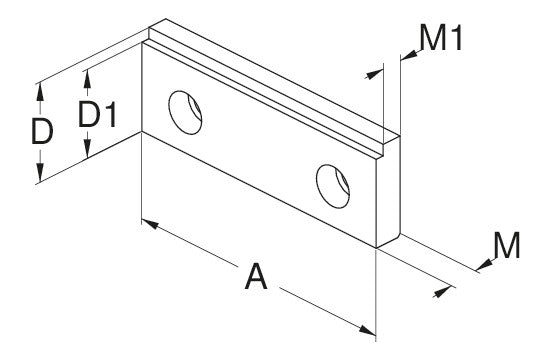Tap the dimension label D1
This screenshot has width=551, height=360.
pyautogui.click(x=97, y=114)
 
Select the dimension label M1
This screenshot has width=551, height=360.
pyautogui.click(x=441, y=38)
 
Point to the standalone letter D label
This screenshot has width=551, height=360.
pyautogui.click(x=42, y=132)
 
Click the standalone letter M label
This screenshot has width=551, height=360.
pyautogui.click(x=507, y=245)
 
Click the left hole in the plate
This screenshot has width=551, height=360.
pyautogui.click(x=185, y=112)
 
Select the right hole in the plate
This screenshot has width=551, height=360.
pyautogui.click(x=333, y=186)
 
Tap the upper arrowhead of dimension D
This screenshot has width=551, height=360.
pyautogui.click(x=40, y=93)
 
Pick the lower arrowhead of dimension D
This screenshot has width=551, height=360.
pyautogui.click(x=40, y=172)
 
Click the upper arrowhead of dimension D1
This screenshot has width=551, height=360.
pyautogui.click(x=87, y=80)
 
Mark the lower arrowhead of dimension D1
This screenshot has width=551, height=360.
pyautogui.click(x=87, y=147)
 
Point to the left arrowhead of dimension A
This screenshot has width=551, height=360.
pyautogui.click(x=150, y=224)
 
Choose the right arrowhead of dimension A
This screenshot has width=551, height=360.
pyautogui.click(x=367, y=330)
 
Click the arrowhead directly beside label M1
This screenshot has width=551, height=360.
pyautogui.click(x=409, y=55)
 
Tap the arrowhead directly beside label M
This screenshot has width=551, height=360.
pyautogui.click(x=485, y=265)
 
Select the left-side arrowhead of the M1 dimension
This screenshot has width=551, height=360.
pyautogui.click(x=374, y=74)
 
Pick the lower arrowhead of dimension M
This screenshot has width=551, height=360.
pyautogui.click(x=442, y=291)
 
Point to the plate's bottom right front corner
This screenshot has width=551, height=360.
pyautogui.click(x=376, y=248)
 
